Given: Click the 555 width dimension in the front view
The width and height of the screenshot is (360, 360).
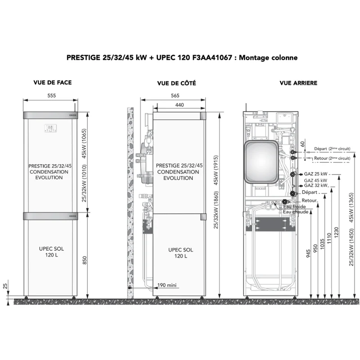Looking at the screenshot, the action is pos(52,95).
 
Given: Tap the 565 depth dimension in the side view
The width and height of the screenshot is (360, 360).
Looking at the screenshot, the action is pos(175,95).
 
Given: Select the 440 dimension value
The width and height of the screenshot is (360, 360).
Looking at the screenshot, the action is pos(180,105).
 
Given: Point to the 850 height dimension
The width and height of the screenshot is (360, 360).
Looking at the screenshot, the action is pos(85,261).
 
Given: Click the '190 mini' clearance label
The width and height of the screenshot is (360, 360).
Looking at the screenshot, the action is pos(167,285).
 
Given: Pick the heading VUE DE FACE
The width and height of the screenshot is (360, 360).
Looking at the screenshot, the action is pos(53,82).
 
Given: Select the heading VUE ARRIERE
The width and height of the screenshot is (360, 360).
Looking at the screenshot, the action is pos(298,83).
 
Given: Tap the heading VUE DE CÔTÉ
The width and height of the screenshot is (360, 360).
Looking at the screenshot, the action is pos(176,83).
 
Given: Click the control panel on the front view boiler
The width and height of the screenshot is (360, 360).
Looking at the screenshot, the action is pos(50,128).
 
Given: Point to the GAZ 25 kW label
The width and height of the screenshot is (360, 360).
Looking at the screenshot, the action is pos(316,174).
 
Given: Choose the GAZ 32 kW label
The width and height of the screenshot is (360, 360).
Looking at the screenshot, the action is pos(316,185).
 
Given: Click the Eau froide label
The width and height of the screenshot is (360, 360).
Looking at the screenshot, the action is pos(294,207).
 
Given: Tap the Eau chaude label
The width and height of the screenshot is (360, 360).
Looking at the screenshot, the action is pos(296,211).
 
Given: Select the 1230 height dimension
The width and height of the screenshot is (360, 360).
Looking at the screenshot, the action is pos(336,232).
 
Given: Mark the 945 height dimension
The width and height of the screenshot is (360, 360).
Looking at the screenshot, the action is pos(308,253).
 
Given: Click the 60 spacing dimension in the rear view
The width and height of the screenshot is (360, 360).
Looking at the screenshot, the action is pos(302,144).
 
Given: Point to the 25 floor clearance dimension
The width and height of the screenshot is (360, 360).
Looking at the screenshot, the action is pos(5,286).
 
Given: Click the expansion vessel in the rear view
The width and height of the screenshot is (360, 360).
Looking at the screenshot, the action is pos(261,162).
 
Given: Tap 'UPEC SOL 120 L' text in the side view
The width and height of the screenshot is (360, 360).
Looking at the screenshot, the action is pos(181,253).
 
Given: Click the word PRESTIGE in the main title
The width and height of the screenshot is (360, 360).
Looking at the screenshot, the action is pos(83,58).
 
